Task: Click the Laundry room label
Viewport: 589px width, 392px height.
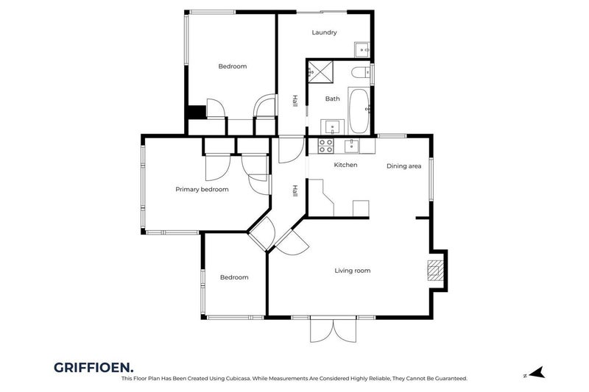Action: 324,32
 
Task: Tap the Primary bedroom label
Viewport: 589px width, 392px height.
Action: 202,189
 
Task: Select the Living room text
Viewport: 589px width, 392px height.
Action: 352,271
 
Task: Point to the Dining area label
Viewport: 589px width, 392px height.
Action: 404,166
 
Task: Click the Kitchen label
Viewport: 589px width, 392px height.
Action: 345,165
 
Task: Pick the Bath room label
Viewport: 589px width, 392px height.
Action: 333,99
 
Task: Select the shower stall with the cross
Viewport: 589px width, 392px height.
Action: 320,71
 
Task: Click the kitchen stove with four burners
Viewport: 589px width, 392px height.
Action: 325,145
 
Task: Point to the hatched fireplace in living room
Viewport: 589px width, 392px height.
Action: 437,271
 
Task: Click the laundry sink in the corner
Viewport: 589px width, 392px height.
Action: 362,50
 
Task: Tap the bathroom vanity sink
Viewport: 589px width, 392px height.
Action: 332,125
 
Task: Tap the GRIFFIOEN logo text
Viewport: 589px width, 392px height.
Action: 94,366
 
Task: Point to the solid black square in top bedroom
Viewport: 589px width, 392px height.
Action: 195,112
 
